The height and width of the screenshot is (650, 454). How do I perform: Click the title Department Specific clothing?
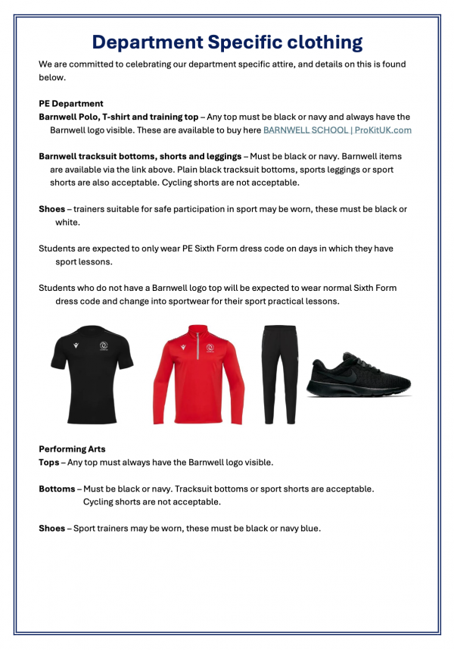[226, 42]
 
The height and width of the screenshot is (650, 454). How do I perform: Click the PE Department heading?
[71, 104]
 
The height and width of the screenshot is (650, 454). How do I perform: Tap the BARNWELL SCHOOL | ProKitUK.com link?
[337, 130]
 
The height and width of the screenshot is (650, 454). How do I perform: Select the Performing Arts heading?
[72, 449]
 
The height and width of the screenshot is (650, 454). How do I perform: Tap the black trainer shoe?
[359, 374]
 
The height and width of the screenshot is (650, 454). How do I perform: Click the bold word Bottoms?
[57, 489]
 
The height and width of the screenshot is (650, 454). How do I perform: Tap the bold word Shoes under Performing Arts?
[52, 528]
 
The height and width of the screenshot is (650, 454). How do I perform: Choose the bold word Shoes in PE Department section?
[52, 209]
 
